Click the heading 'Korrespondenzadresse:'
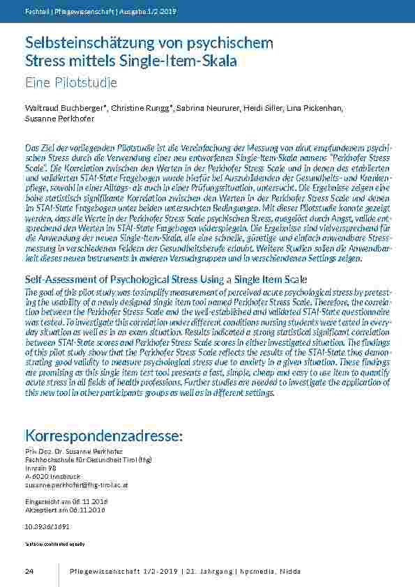pyautogui.click(x=104, y=436)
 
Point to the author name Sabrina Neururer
pyautogui.click(x=207, y=109)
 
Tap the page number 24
pyautogui.click(x=29, y=572)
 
